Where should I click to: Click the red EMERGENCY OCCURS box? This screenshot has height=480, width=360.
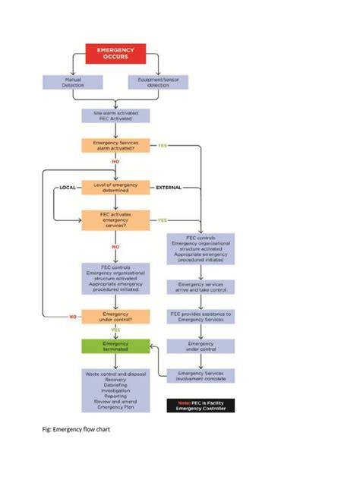click(x=115, y=53)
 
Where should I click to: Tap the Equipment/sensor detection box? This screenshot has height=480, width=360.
click(x=163, y=81)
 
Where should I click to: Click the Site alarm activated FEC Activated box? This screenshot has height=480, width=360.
click(x=115, y=115)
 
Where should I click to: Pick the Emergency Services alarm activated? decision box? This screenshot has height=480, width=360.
click(x=115, y=146)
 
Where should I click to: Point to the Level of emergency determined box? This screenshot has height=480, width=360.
click(x=115, y=188)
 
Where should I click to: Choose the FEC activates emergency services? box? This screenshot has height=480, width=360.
click(x=115, y=220)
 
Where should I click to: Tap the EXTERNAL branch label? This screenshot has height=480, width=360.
click(x=168, y=187)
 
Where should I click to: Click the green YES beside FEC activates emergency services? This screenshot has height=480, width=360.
click(x=162, y=220)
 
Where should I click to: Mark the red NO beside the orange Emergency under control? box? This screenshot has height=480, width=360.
click(x=73, y=317)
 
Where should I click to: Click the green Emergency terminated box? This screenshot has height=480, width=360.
click(x=115, y=346)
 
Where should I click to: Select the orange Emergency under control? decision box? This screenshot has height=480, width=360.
click(x=115, y=317)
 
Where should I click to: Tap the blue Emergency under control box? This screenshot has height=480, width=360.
click(x=201, y=346)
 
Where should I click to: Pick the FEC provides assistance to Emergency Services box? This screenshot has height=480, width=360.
click(x=201, y=317)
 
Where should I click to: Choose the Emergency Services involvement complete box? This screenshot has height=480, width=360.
click(x=201, y=376)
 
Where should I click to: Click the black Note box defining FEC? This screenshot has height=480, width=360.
click(x=201, y=405)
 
